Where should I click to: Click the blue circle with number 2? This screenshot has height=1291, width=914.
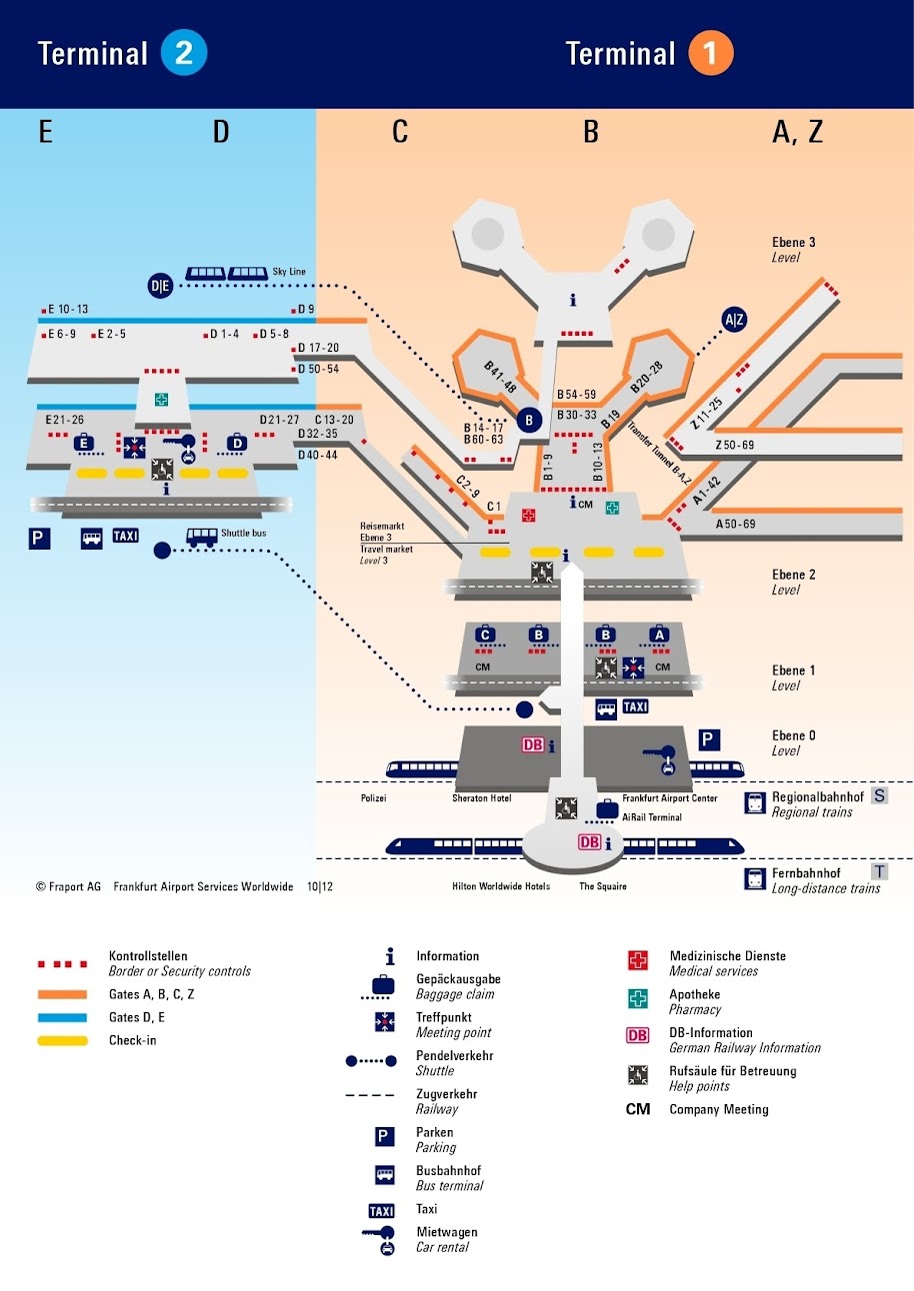184,54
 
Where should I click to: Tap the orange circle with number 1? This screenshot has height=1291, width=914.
710,54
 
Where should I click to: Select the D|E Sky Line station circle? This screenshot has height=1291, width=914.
160,286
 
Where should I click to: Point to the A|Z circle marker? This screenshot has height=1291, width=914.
735,320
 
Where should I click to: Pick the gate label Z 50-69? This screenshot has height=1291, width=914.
735,445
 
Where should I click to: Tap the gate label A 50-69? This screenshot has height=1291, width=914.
735,524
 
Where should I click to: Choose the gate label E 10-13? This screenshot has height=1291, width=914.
68,310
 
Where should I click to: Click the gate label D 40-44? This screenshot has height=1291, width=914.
318,455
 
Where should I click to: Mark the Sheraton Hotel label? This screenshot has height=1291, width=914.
481,799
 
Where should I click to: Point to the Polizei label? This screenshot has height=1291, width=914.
373,799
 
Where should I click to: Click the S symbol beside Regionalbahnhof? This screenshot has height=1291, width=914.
879,796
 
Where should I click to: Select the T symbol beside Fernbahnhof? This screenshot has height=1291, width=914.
880,871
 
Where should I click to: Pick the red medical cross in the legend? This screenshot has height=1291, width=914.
638,961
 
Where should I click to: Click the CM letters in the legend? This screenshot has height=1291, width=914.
638,1109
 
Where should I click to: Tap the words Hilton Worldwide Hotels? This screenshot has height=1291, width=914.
495,886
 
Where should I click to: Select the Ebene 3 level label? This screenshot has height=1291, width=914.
794,243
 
